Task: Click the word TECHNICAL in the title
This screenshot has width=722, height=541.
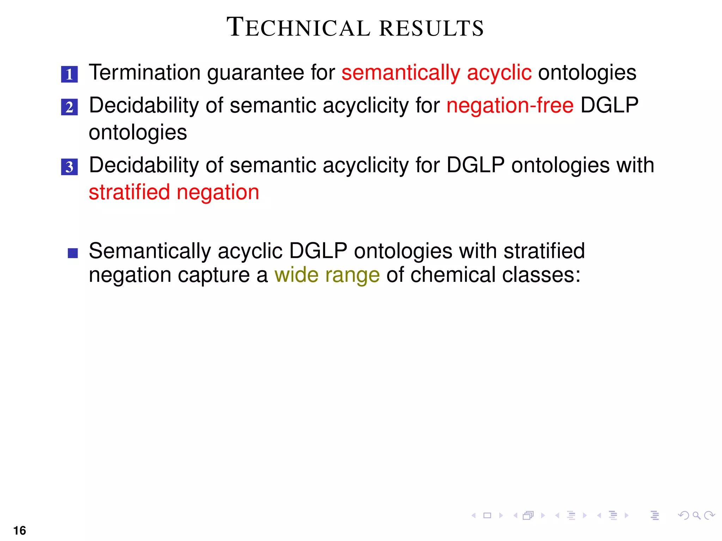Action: click(298, 27)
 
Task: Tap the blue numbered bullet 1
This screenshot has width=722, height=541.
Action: click(69, 74)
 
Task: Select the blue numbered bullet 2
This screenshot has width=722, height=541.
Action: click(69, 107)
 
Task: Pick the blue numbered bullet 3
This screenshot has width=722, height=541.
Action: click(69, 167)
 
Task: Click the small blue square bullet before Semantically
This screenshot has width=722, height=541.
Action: click(73, 253)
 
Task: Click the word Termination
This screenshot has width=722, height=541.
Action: click(145, 73)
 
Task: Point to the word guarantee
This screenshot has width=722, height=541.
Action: click(256, 73)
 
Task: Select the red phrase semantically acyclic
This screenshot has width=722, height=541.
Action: click(436, 73)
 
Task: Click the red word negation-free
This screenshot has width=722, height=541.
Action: click(510, 106)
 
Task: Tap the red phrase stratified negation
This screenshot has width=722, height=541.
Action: click(174, 192)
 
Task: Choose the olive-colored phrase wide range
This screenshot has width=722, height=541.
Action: click(327, 275)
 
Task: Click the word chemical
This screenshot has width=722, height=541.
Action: click(453, 275)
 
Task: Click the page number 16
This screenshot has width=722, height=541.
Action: click(20, 530)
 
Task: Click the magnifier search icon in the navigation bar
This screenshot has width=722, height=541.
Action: click(696, 516)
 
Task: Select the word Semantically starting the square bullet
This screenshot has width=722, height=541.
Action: click(150, 251)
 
